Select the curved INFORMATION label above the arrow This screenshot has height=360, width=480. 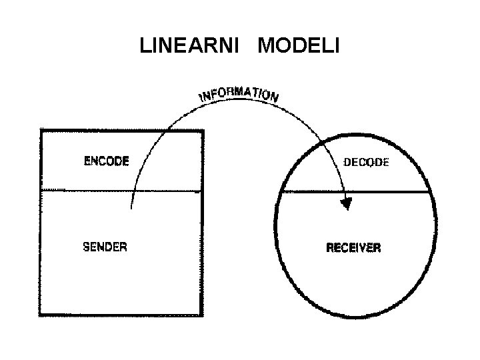(x=238, y=95)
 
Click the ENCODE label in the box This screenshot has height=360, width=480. (x=106, y=161)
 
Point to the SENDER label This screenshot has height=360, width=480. (x=105, y=246)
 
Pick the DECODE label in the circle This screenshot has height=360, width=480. (x=365, y=162)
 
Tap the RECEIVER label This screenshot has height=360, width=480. (x=353, y=248)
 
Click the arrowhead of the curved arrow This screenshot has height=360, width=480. (x=346, y=203)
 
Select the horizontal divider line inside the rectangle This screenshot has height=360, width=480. (x=120, y=191)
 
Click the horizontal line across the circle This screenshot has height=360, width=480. (x=357, y=192)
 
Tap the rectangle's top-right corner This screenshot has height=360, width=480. (x=202, y=131)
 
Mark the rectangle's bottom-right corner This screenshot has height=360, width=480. (x=202, y=315)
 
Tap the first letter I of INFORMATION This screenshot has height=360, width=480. (x=201, y=101)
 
